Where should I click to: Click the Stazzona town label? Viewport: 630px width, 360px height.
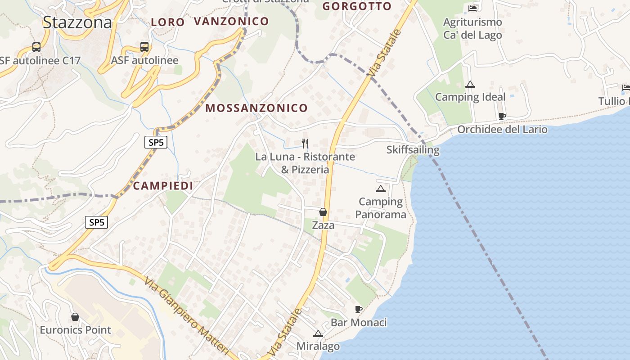[x=77, y=22]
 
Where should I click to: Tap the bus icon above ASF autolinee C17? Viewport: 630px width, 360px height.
[x=36, y=47]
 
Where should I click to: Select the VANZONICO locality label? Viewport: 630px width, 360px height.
[x=231, y=21]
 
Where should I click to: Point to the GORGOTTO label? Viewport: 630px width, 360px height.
[x=357, y=6]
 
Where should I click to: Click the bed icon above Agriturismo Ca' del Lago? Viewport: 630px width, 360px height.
[x=472, y=8]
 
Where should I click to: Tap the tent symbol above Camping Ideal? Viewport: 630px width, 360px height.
[x=470, y=84]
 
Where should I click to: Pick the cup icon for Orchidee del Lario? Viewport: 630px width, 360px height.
[x=502, y=117]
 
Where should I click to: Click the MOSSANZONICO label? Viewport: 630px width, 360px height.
[x=256, y=108]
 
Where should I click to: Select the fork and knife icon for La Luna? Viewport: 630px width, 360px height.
[x=305, y=144]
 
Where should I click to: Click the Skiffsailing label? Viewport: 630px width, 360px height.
[x=413, y=149]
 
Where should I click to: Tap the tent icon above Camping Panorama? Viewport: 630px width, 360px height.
[x=381, y=189]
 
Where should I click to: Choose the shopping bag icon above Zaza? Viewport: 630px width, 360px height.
[x=323, y=211]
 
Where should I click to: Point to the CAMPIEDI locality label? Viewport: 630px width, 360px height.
[x=163, y=186]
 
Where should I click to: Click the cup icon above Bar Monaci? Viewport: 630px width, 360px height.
[x=359, y=309]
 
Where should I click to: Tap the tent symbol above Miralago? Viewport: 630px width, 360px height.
[x=318, y=334]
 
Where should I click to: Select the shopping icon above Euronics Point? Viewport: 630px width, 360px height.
[x=75, y=317]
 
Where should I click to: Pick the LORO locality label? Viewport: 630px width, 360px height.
[x=168, y=22]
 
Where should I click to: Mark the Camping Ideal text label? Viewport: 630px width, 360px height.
[x=470, y=97]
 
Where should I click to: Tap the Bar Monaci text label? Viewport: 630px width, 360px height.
[x=359, y=323]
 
